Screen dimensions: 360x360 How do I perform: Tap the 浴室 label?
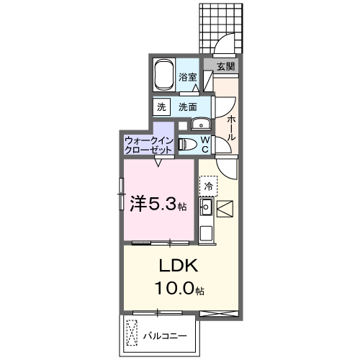pyautogui.click(x=189, y=76)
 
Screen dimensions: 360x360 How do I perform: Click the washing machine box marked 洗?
pyautogui.click(x=161, y=107)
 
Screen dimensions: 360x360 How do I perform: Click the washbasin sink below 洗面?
pyautogui.click(x=201, y=122)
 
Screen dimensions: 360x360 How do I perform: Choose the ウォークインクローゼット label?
pyautogui.click(x=148, y=145)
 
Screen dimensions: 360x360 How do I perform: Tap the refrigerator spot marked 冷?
pyautogui.click(x=209, y=186)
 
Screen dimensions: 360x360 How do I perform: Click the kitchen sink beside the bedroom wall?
pyautogui.click(x=205, y=210)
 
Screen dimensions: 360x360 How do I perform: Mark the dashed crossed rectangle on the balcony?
pyautogui.click(x=132, y=333)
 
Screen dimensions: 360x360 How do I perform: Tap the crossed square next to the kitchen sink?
pyautogui.click(x=225, y=210)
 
